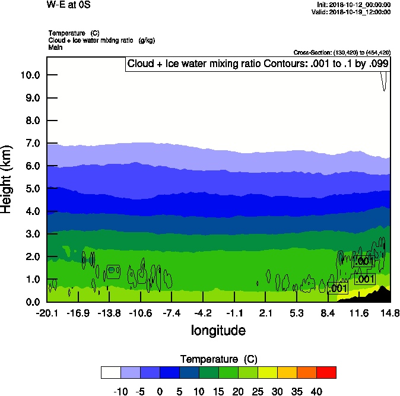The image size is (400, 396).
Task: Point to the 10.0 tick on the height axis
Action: pyautogui.click(x=30, y=75)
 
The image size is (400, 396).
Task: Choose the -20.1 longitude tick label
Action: pyautogui.click(x=47, y=313)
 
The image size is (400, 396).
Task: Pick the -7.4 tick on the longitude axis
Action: pyautogui.click(x=172, y=313)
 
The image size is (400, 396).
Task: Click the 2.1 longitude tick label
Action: pyautogui.click(x=265, y=313)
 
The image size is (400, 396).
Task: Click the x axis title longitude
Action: pyautogui.click(x=218, y=330)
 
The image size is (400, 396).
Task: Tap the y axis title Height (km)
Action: pyautogui.click(x=7, y=179)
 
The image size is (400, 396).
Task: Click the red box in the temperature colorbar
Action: pyautogui.click(x=326, y=372)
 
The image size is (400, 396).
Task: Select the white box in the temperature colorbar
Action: pyautogui.click(x=111, y=372)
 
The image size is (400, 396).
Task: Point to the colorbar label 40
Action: pyautogui.click(x=316, y=391)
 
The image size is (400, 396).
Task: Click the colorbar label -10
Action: pyautogui.click(x=120, y=391)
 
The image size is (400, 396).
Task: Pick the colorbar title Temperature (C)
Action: pyautogui.click(x=218, y=359)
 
